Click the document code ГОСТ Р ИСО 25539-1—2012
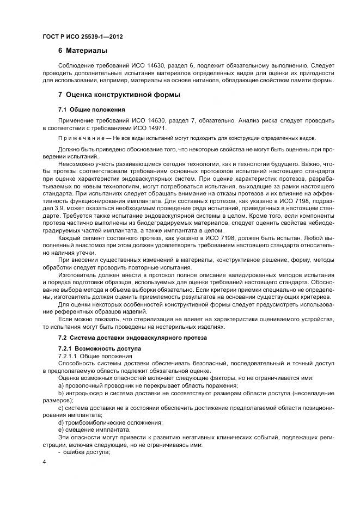tap(82, 36)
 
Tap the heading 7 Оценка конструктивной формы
tap(119, 95)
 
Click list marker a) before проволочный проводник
tap(61, 385)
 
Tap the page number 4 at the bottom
tap(44, 462)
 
